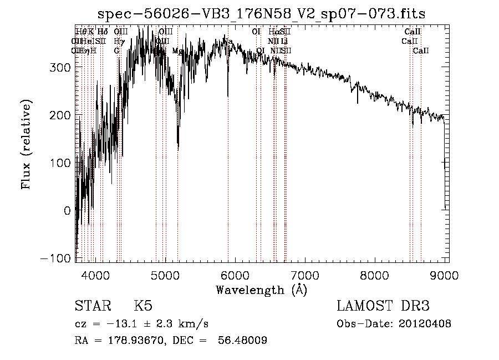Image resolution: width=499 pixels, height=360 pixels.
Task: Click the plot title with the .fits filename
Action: (262, 13)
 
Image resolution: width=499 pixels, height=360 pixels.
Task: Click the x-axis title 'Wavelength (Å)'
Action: (261, 290)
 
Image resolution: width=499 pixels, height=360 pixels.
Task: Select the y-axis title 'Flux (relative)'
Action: (26, 144)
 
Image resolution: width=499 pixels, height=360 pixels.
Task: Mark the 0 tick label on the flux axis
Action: (67, 211)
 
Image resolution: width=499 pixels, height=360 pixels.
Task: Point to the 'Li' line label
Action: (284, 41)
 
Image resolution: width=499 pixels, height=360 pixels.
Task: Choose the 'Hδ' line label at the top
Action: (103, 32)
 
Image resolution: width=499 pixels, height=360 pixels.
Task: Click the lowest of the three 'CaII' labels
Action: (421, 51)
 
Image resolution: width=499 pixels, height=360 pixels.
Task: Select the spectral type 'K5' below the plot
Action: (143, 306)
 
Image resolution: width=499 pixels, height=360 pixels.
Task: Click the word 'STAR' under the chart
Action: (92, 306)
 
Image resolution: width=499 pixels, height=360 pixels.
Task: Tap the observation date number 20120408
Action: (425, 323)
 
